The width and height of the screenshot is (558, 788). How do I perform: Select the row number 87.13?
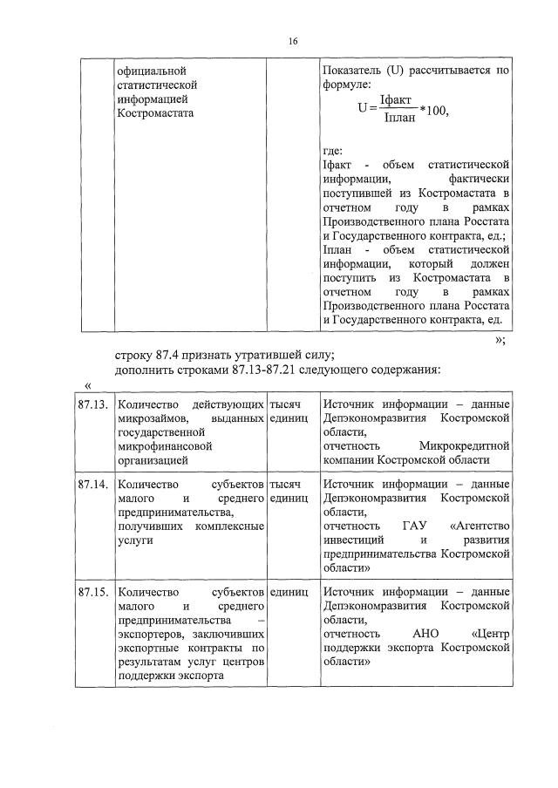[x=92, y=405]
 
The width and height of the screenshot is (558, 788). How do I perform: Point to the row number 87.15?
[x=92, y=592]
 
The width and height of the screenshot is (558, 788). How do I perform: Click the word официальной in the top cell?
[x=153, y=70]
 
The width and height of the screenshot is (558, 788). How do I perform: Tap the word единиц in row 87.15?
[x=290, y=592]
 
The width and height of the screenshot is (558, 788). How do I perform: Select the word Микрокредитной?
[x=464, y=446]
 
